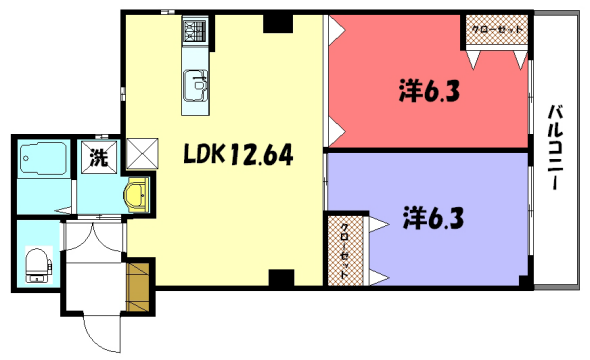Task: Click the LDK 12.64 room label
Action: (236, 155)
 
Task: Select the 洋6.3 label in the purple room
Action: (433, 215)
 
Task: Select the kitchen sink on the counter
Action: (194, 90)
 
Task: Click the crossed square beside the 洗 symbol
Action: (140, 152)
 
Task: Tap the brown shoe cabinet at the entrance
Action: (139, 285)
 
